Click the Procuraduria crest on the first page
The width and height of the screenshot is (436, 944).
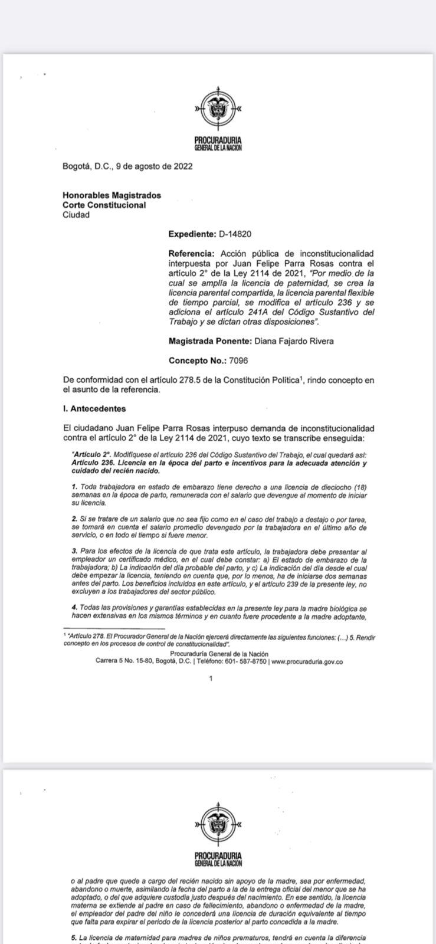(x=218, y=109)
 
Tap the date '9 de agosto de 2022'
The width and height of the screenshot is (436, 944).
(x=154, y=166)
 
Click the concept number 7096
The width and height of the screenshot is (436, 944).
(x=235, y=360)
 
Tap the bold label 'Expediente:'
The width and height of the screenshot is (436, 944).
(x=192, y=234)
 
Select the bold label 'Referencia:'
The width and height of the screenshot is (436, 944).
(x=192, y=253)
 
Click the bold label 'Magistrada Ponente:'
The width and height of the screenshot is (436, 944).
(x=209, y=341)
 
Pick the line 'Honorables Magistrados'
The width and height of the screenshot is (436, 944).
(x=112, y=195)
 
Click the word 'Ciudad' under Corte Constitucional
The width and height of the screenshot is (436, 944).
(x=76, y=215)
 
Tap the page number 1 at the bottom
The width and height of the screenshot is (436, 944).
(x=211, y=678)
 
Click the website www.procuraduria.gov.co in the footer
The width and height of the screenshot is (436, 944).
(x=307, y=661)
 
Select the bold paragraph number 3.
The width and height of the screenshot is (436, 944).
(x=74, y=550)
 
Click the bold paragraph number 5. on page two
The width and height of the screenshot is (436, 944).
(x=74, y=937)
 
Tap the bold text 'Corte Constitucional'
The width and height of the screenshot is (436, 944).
(x=104, y=205)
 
